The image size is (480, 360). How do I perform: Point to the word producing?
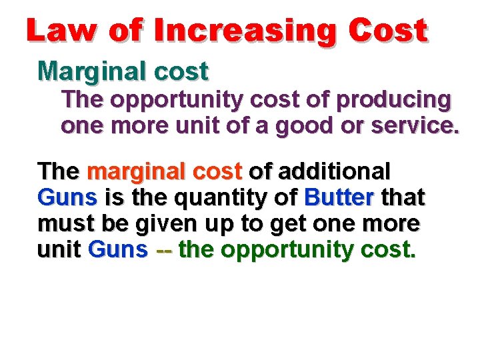(394, 100)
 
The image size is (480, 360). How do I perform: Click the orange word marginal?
(128, 172)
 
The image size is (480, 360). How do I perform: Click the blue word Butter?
(337, 197)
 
